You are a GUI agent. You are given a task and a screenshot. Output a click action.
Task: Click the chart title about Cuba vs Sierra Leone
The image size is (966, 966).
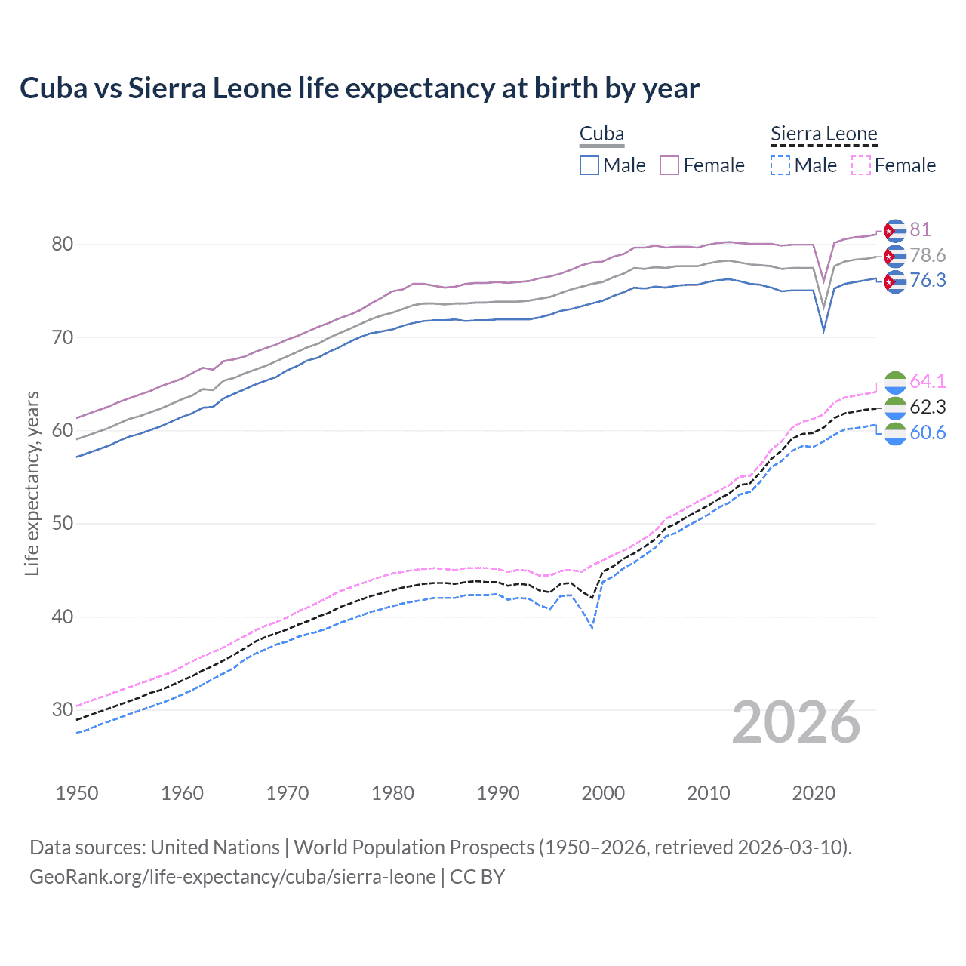point(359,88)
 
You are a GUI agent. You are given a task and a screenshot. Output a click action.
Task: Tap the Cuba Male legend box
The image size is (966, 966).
point(589,165)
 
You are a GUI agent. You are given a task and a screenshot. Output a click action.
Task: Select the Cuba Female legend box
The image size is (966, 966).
point(669,165)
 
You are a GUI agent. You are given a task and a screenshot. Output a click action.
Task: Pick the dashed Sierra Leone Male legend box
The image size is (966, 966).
point(780,165)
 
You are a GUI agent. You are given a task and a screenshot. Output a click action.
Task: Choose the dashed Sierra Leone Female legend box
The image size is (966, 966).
point(861,165)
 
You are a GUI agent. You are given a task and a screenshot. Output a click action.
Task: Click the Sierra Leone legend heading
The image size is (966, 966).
point(823,134)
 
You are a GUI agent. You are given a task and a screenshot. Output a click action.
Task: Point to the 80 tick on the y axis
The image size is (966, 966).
point(63,244)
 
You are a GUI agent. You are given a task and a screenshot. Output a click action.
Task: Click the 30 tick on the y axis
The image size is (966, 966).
point(63,709)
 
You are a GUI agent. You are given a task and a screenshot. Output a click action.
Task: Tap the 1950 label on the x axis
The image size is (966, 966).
point(77,793)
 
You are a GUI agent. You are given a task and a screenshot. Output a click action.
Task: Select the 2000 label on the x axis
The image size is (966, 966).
point(603,793)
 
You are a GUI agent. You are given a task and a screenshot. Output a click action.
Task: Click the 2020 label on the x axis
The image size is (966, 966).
point(814,793)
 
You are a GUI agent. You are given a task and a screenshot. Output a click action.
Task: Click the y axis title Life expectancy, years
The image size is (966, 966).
point(32,483)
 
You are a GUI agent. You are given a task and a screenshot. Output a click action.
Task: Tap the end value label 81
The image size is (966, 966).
point(920,229)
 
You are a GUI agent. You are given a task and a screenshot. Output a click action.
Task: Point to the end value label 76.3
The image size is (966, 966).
point(928,281)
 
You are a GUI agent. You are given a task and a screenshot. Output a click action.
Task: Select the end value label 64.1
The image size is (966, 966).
point(928,381)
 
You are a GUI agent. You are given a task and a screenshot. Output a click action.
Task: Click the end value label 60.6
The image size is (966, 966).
point(928,432)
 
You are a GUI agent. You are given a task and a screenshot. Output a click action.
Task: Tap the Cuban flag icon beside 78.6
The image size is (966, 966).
point(894,256)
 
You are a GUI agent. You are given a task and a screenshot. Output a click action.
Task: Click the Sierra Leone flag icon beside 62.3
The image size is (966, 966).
point(894,408)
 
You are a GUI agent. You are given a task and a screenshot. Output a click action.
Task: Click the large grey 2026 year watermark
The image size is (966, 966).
point(796,722)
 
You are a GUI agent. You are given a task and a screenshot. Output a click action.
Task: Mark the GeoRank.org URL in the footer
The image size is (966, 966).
point(232,877)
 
